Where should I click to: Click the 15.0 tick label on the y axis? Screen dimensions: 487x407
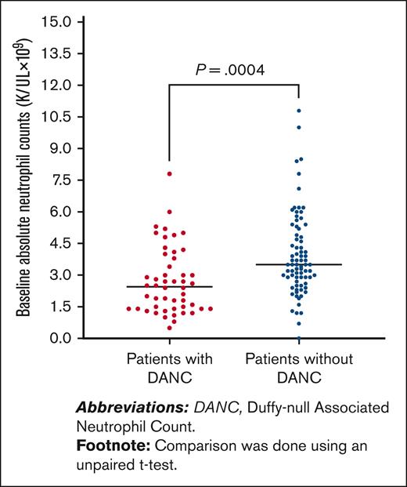(59, 21)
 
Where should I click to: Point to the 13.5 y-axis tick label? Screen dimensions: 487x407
(59, 53)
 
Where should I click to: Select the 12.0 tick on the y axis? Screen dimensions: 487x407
(59, 85)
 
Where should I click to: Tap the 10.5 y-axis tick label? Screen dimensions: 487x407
(59, 116)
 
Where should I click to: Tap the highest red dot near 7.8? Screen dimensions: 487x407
(169, 173)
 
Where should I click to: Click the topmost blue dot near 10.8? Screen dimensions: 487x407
(298, 111)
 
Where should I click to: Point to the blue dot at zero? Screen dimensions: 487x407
(298, 338)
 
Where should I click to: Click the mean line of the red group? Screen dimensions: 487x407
(169, 287)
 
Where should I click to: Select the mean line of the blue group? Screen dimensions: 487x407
(298, 265)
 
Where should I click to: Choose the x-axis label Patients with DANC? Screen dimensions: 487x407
(169, 366)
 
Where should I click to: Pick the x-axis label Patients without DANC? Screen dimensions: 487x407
(298, 366)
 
